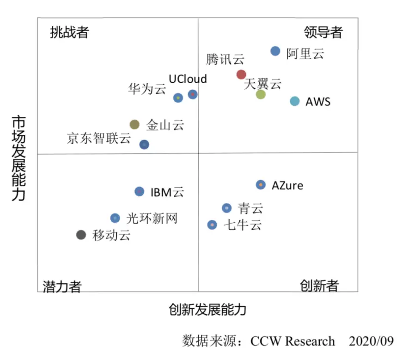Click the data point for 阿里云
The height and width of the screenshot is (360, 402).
coord(275,51)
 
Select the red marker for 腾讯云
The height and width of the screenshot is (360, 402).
coord(241,74)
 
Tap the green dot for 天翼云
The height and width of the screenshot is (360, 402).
coord(261,94)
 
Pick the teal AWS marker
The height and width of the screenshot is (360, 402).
coord(295,101)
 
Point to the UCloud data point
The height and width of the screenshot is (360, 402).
coord(193,94)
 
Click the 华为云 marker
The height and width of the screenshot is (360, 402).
coord(178,98)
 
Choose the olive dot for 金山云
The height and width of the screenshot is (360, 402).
coord(134,124)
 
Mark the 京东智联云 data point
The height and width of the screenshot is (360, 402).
coord(145,145)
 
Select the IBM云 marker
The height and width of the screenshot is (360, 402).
coord(140,191)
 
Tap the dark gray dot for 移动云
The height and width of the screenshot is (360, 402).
coord(81,235)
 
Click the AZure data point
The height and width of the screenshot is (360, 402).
coord(261,185)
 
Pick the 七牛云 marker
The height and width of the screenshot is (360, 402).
coord(212,225)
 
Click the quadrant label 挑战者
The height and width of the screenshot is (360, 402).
coord(69,32)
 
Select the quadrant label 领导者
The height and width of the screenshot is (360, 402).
coord(323,32)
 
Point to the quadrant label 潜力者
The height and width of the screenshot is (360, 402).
coord(62,287)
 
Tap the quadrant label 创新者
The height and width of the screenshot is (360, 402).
coord(319,286)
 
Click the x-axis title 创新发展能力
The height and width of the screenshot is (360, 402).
coord(207,310)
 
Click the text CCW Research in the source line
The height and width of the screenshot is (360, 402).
coord(292,342)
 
